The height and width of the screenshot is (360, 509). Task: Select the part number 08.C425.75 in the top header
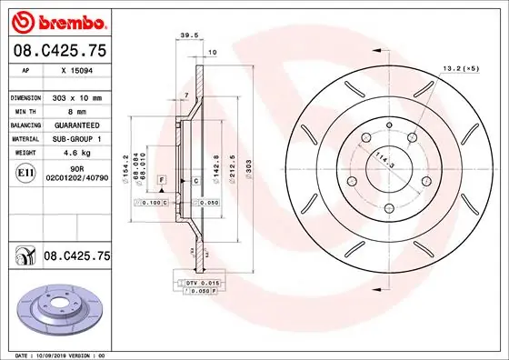coord(58,52)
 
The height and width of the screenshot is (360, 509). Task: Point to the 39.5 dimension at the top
coord(189,37)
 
